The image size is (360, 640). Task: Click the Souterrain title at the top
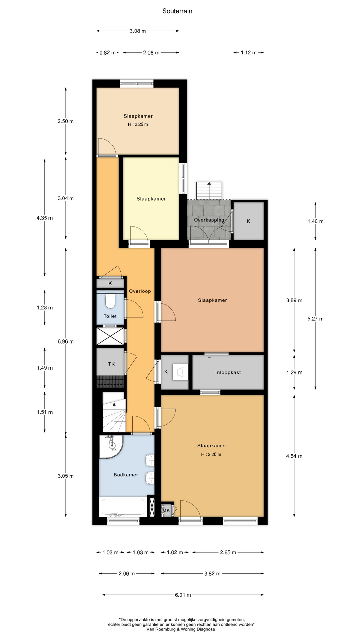pyautogui.click(x=177, y=11)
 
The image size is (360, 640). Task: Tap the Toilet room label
pyautogui.click(x=110, y=316)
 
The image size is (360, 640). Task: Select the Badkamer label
pyautogui.click(x=126, y=475)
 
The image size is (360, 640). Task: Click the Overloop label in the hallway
pyautogui.click(x=140, y=291)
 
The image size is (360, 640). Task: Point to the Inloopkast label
pyautogui.click(x=228, y=372)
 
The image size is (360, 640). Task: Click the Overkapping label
pyautogui.click(x=209, y=220)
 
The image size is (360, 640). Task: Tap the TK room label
pyautogui.click(x=111, y=364)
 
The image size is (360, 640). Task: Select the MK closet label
pyautogui.click(x=166, y=510)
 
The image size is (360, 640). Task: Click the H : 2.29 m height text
pyautogui.click(x=138, y=124)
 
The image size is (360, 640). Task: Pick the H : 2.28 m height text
pyautogui.click(x=211, y=454)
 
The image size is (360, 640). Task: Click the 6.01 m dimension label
pyautogui.click(x=183, y=595)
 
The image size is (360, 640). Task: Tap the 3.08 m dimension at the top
pyautogui.click(x=138, y=31)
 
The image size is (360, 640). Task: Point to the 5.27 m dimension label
pyautogui.click(x=315, y=319)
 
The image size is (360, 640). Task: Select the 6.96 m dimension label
pyautogui.click(x=66, y=341)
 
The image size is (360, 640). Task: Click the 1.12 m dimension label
pyautogui.click(x=249, y=53)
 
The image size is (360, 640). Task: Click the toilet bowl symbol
pyautogui.click(x=110, y=301)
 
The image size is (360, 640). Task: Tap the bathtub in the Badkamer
pyautogui.click(x=123, y=507)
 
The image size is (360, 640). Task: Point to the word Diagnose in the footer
pyautogui.click(x=206, y=629)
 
